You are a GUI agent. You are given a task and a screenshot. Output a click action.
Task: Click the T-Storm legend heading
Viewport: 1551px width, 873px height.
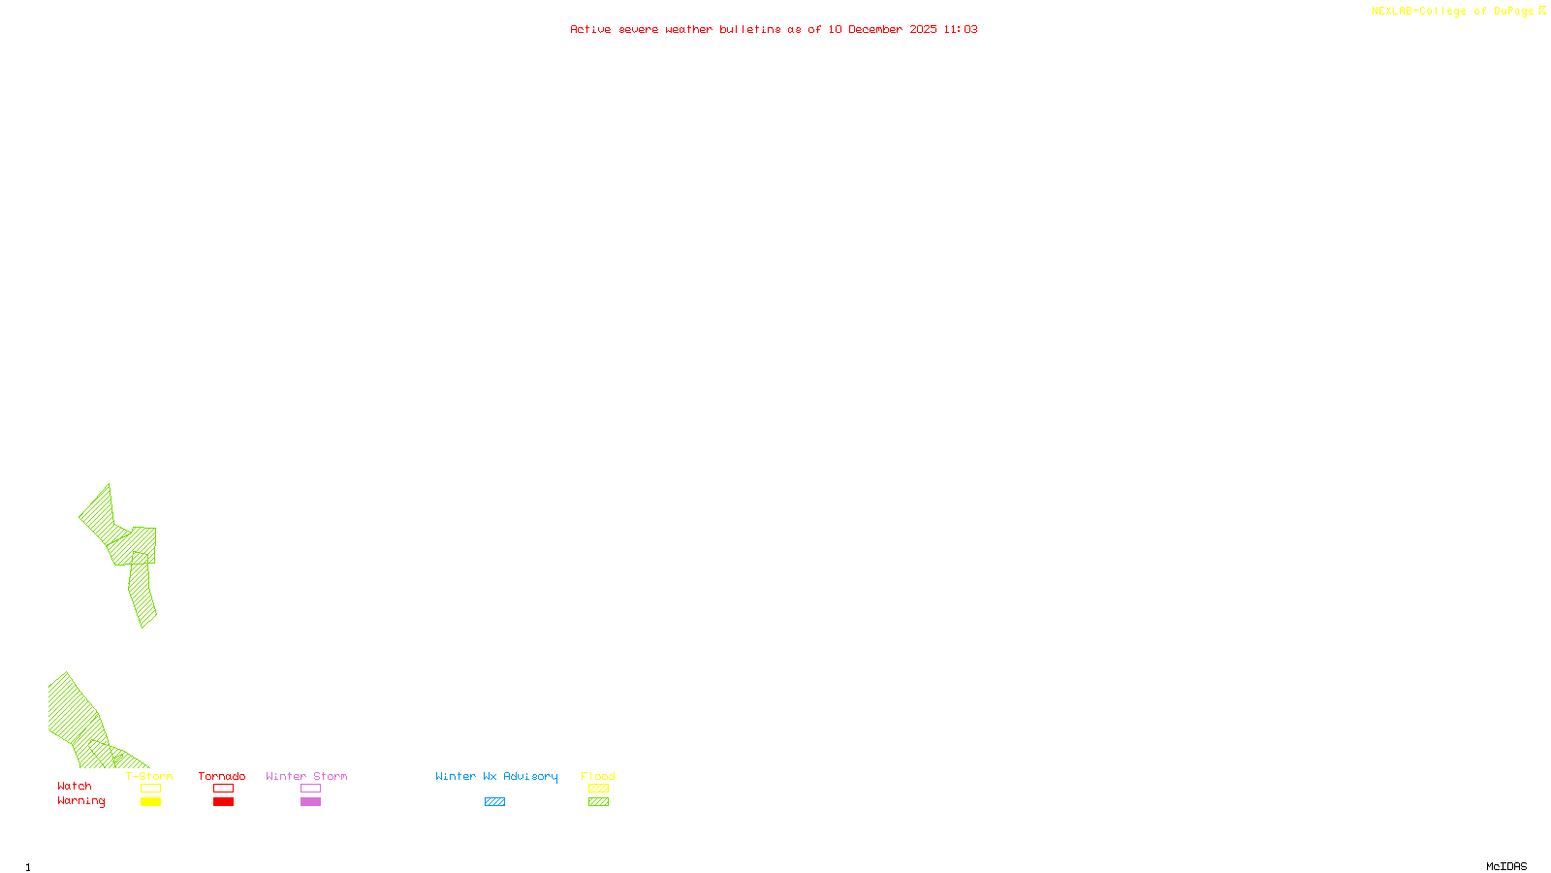tap(149, 776)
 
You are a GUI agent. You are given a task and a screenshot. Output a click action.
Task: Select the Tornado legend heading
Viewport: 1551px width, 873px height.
tap(222, 776)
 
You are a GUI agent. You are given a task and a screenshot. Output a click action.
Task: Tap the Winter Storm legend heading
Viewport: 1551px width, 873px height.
tap(306, 776)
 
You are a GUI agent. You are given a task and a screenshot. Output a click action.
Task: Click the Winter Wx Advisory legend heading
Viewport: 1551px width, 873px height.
tap(496, 776)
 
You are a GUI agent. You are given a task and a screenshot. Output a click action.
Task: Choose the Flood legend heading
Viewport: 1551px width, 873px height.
tap(598, 776)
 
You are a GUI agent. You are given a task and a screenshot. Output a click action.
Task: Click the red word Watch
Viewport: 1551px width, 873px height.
tap(75, 787)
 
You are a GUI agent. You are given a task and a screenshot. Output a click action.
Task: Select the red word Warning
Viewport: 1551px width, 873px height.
tap(81, 801)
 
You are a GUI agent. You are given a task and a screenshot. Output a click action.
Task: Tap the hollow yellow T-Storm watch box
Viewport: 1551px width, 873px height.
tap(150, 789)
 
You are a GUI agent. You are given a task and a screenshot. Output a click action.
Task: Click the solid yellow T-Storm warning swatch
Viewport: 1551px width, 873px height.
tap(150, 802)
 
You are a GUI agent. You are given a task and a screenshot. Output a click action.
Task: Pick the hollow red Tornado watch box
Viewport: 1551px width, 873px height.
tap(223, 789)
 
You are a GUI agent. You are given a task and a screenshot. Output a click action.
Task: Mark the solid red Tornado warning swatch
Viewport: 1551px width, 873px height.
tap(223, 802)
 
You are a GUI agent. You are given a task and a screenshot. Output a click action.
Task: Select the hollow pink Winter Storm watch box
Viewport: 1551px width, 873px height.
tap(310, 789)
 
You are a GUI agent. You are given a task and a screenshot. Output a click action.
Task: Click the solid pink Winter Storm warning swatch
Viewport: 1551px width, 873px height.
tap(310, 802)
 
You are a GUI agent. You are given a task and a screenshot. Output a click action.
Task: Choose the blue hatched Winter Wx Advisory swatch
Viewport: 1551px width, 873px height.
tap(494, 802)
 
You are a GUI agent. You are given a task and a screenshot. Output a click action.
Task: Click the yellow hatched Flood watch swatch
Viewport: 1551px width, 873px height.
tap(598, 789)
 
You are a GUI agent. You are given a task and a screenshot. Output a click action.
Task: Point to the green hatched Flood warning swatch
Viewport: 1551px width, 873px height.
tap(598, 802)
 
